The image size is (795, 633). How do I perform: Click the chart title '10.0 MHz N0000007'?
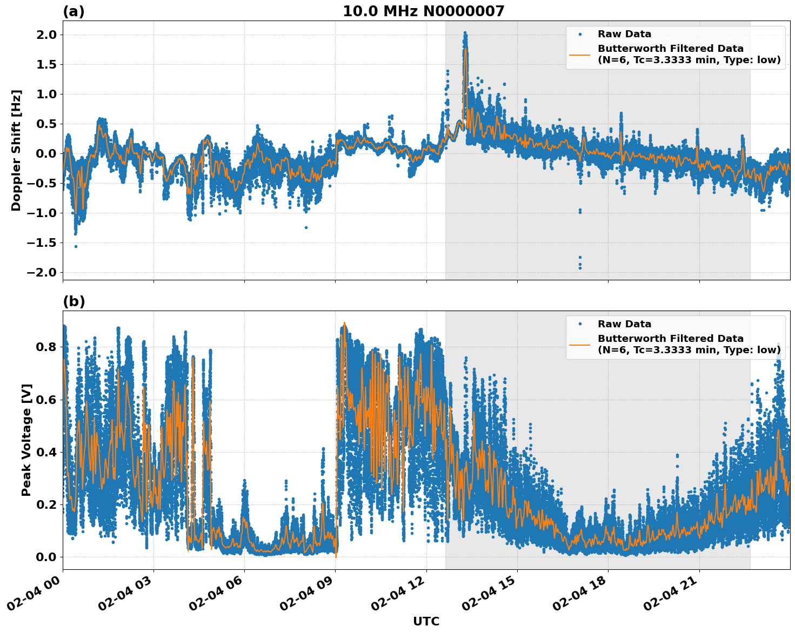423,11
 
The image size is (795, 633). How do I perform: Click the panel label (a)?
74,11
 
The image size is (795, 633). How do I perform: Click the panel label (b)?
74,301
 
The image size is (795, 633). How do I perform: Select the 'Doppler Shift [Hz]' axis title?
16,150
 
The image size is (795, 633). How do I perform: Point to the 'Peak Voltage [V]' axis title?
26,440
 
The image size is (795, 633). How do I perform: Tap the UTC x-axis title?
426,621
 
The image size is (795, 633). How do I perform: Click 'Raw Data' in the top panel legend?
624,34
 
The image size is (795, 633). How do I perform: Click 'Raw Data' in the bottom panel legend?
624,324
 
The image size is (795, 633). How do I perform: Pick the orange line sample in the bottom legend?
580,345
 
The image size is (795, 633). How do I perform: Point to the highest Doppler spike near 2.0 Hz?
465,33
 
